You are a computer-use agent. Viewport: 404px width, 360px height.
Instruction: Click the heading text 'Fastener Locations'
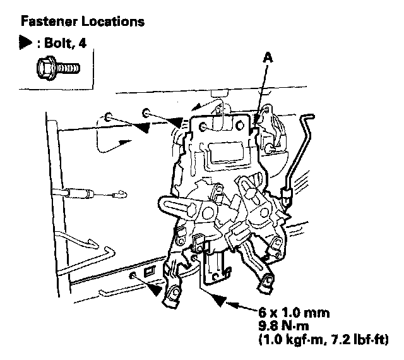83,21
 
